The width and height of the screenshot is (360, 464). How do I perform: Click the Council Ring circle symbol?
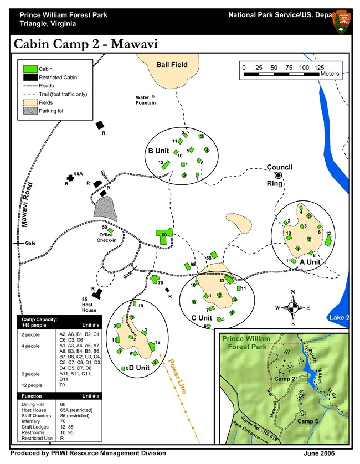[279, 176]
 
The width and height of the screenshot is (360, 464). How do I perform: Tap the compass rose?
[293, 307]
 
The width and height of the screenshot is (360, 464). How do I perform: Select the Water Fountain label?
[146, 100]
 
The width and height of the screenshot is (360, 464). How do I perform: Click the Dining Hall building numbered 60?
[164, 235]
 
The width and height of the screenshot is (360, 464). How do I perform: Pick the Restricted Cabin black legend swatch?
[30, 78]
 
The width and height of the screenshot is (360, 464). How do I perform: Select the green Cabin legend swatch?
[30, 69]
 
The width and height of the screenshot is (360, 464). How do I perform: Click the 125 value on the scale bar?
[319, 68]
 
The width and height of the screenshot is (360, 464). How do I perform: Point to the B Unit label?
[158, 151]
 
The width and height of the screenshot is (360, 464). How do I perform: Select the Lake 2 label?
[339, 318]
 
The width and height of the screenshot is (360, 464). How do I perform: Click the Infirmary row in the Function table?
[30, 421]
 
